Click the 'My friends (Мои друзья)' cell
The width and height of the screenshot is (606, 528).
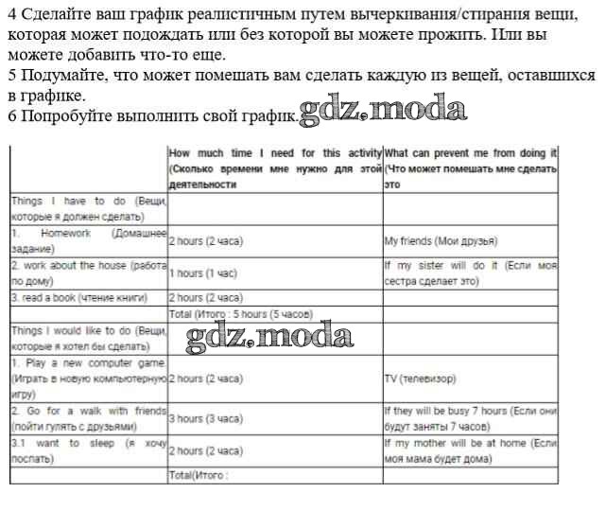point(441,241)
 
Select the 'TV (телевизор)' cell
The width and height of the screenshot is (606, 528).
point(420,378)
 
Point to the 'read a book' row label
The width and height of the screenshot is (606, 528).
point(79,297)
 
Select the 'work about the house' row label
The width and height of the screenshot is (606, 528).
point(88,273)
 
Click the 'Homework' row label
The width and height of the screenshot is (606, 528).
point(88,240)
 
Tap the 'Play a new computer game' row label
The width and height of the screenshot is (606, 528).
point(88,378)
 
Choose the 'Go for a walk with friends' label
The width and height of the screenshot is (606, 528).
point(88,418)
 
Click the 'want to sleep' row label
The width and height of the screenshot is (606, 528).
point(88,450)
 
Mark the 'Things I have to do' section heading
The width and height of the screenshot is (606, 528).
point(88,208)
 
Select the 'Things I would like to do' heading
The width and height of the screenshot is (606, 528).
point(88,338)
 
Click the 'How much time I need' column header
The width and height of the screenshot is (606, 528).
point(274,168)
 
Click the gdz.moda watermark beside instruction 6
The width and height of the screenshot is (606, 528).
point(383,111)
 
